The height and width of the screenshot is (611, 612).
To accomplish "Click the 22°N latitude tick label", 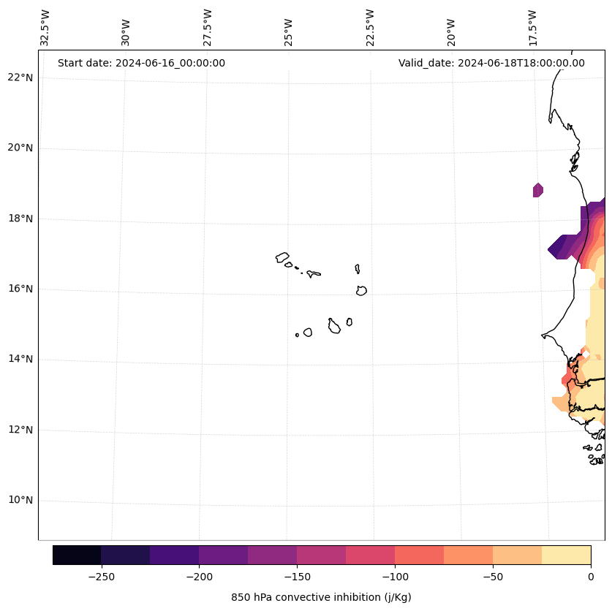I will pos(20,77).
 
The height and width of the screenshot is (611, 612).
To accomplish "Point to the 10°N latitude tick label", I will pos(20,501).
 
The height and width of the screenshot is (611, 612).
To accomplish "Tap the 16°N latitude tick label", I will pos(20,289).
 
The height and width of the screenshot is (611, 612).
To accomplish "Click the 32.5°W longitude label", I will pos(45,28).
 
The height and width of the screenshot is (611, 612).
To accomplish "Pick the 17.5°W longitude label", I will pos(532,28).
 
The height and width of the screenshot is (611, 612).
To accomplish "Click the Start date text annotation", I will pos(141,63).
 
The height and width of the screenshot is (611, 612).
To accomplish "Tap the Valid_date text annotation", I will pos(491,63).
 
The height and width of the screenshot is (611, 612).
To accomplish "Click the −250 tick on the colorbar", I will pos(101,577).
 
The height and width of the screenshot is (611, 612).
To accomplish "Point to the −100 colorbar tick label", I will pos(395,577).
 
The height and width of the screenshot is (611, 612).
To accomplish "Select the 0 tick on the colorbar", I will pos(590,577).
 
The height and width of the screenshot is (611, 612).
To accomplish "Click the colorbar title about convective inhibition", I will pos(321,597).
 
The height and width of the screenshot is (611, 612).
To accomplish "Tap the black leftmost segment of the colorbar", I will pos(77,555).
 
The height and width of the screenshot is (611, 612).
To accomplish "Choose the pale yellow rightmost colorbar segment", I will pos(566,555).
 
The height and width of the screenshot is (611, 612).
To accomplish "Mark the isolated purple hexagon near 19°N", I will pos(538,190).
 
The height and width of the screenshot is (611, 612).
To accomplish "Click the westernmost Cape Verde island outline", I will pos(282,257).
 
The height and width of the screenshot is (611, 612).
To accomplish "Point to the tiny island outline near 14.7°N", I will pos(297,335).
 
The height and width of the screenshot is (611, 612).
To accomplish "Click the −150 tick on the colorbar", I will pos(297,577).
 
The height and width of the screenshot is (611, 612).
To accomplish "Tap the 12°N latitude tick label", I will pos(20,430).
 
